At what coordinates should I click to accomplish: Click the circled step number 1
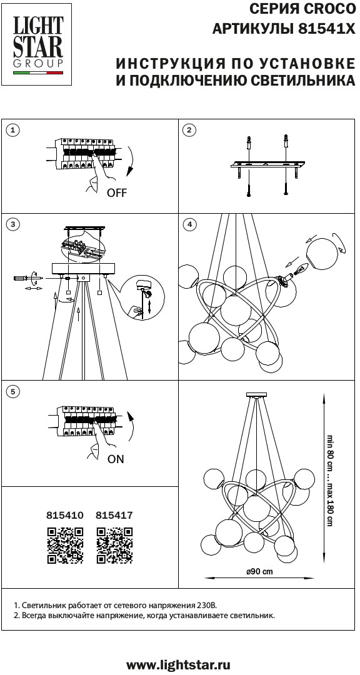click(x=14, y=131)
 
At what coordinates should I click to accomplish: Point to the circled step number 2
click(x=189, y=131)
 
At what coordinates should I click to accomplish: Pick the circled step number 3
click(x=14, y=224)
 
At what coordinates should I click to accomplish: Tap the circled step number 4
click(x=189, y=224)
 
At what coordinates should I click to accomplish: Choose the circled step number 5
click(x=14, y=391)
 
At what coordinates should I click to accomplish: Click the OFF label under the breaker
click(x=117, y=193)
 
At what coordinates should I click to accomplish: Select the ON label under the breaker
click(x=116, y=459)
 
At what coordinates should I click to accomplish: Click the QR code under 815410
click(x=65, y=544)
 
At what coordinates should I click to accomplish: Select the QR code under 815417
click(x=114, y=544)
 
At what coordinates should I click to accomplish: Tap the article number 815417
click(x=114, y=515)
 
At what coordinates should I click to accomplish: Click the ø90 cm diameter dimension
click(x=259, y=572)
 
